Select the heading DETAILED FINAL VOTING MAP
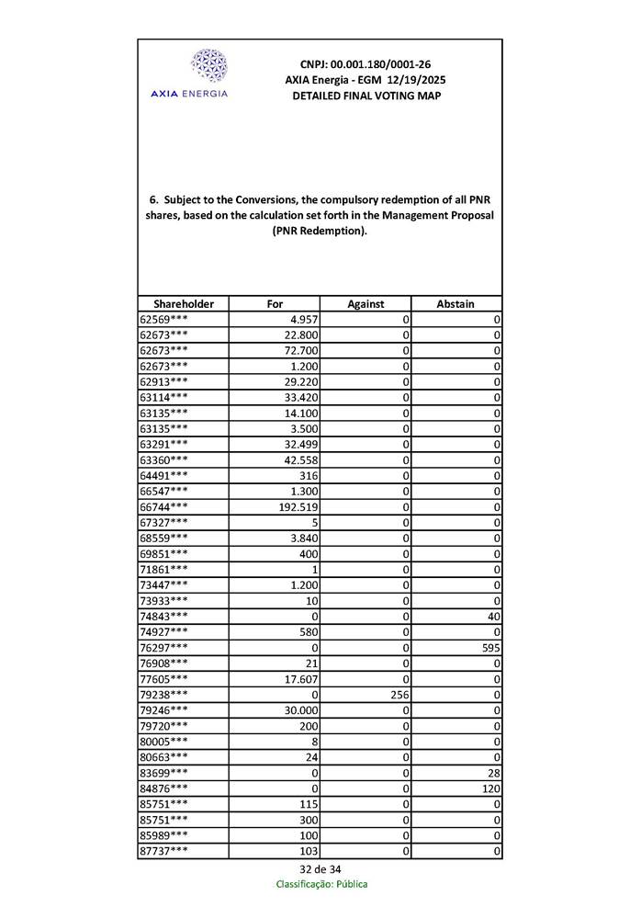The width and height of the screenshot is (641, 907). tap(365, 96)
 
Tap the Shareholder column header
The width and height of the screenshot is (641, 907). tap(184, 303)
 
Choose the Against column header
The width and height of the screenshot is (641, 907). tap(365, 303)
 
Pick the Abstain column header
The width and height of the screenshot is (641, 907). tap(455, 303)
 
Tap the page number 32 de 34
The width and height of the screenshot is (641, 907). tap(320, 869)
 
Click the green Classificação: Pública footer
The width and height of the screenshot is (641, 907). tap(321, 884)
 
